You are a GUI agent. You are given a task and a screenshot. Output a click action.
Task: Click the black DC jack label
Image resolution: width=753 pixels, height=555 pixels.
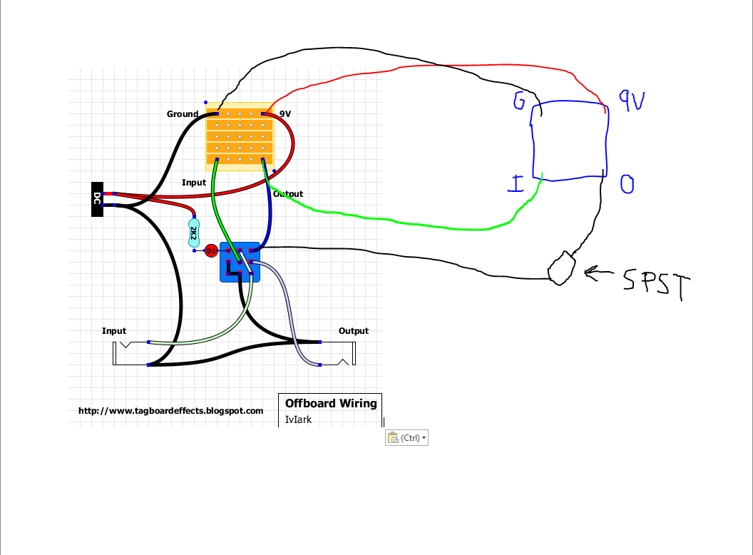click(97, 199)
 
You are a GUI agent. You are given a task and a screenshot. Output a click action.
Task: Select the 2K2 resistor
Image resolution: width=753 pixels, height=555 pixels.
click(193, 230)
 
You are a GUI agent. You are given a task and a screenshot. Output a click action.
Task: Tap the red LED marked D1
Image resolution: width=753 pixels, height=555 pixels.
click(210, 251)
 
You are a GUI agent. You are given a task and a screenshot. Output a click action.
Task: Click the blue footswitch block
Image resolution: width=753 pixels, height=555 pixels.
click(240, 262)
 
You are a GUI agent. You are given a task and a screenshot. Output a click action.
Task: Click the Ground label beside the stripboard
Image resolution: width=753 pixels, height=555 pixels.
click(183, 114)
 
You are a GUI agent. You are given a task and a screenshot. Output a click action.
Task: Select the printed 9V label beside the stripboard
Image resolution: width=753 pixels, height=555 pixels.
click(285, 114)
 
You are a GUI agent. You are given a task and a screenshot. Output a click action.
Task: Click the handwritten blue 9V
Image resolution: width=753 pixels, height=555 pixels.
click(631, 101)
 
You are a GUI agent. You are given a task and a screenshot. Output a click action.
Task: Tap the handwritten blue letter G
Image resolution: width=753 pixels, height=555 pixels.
click(518, 102)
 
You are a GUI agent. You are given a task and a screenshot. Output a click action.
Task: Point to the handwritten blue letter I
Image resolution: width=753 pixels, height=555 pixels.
click(516, 185)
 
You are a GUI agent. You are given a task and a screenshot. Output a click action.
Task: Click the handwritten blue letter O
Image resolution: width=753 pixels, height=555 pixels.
click(627, 185)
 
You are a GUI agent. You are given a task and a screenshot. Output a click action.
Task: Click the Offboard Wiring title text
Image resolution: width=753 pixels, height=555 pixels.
click(331, 404)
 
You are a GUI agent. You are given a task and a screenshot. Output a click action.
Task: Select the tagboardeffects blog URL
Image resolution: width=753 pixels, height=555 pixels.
click(170, 411)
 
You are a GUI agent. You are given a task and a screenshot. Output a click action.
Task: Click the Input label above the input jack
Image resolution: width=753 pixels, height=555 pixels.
click(114, 331)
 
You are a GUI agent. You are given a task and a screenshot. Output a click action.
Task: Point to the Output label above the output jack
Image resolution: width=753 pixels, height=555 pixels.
click(354, 331)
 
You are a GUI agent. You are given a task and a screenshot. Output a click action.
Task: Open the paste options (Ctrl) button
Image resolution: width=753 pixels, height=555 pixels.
click(407, 438)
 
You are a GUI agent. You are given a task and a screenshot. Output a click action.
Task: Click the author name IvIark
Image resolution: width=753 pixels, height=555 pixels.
click(298, 419)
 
